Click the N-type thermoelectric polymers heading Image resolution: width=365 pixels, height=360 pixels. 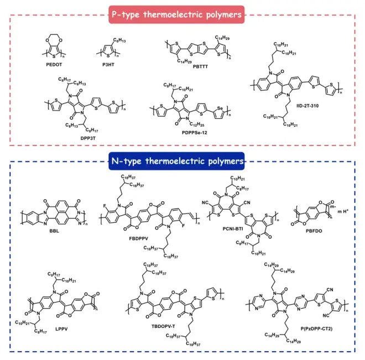coord(182,162)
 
